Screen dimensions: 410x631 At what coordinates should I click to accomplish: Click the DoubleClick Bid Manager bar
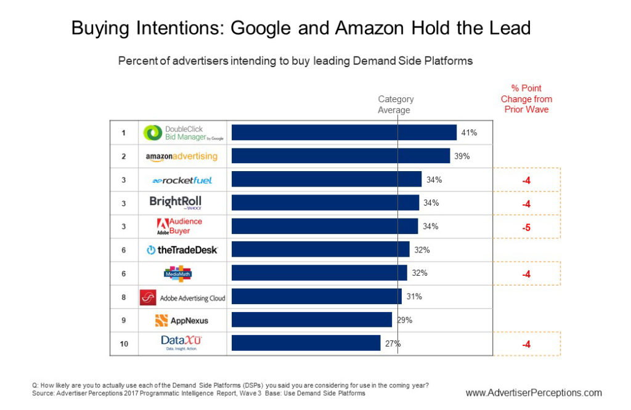click(x=344, y=132)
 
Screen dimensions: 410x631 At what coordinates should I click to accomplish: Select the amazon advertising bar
click(x=341, y=156)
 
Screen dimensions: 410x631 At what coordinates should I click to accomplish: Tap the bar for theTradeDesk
click(x=320, y=249)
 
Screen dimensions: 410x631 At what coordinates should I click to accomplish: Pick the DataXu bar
click(x=306, y=343)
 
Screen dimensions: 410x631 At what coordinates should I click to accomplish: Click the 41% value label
click(x=469, y=132)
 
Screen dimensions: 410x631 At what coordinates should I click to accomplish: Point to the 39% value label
click(x=462, y=156)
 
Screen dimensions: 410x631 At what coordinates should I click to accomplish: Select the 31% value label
click(x=414, y=296)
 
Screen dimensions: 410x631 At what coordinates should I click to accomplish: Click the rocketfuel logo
click(x=182, y=180)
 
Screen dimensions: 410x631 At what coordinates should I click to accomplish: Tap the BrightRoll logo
click(x=176, y=203)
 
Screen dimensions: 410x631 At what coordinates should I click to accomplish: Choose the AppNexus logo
click(x=182, y=320)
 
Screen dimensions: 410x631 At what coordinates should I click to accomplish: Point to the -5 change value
click(x=526, y=227)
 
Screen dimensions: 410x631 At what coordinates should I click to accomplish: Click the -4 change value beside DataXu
click(x=526, y=344)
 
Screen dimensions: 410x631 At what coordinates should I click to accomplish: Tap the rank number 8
click(x=124, y=297)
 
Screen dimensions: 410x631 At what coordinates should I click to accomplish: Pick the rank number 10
click(x=124, y=344)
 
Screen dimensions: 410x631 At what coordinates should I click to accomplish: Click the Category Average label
click(x=395, y=105)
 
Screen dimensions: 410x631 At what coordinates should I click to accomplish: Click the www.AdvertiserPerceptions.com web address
click(x=534, y=393)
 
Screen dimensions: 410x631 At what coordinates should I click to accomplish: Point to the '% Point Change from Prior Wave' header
click(x=526, y=99)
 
